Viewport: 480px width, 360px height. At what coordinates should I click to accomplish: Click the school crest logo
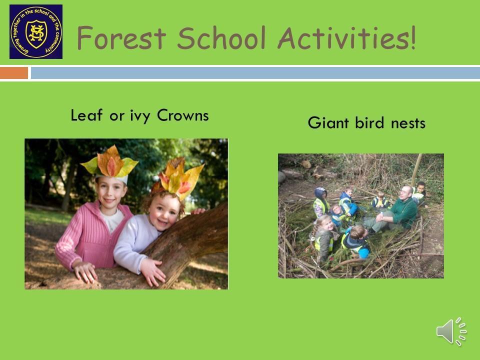pyautogui.click(x=36, y=31)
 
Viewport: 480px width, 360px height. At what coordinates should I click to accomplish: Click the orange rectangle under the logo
pyautogui.click(x=14, y=73)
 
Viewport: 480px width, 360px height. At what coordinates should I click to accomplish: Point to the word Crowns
pyautogui.click(x=183, y=115)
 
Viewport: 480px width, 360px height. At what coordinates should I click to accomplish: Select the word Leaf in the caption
pyautogui.click(x=86, y=115)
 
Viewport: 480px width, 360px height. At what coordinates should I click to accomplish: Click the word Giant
pyautogui.click(x=328, y=123)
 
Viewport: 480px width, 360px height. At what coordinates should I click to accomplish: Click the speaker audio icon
pyautogui.click(x=451, y=331)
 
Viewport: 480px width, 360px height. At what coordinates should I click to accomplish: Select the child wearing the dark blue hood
pyautogui.click(x=321, y=202)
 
